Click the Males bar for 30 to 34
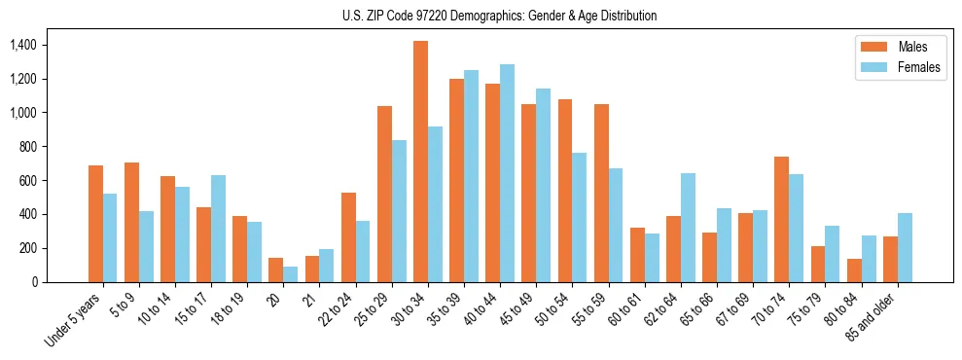(x=420, y=162)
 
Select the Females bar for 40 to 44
(x=507, y=173)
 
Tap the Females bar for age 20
(x=290, y=274)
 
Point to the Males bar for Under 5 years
(x=95, y=224)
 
